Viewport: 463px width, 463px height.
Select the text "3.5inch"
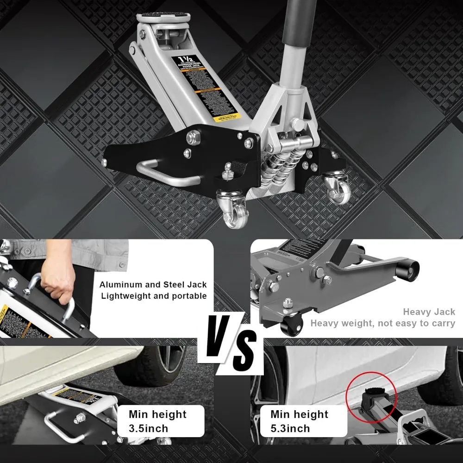coord(149,428)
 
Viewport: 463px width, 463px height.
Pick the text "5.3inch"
coord(290,428)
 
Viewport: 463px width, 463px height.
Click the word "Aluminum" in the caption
coord(121,285)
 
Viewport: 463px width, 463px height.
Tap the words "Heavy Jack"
coord(429,312)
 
